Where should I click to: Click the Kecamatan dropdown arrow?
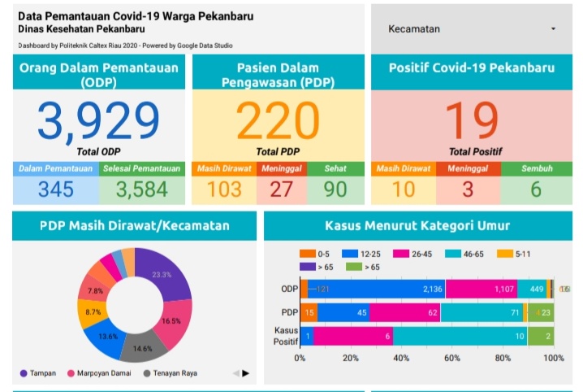[x=554, y=28]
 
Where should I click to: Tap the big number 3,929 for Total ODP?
[x=98, y=122]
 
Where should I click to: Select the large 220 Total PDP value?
[x=279, y=122]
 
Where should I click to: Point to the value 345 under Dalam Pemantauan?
[x=55, y=189]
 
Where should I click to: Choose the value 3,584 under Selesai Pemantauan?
[x=141, y=189]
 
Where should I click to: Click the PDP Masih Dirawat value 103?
[x=224, y=189]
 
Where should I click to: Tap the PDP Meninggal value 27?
[x=280, y=189]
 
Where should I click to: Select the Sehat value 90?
[x=335, y=189]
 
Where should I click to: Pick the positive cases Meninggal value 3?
[x=468, y=189]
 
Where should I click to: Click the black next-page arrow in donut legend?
[x=245, y=373]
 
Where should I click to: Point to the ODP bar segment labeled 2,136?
[x=382, y=289]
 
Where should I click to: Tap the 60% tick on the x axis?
[x=452, y=359]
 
